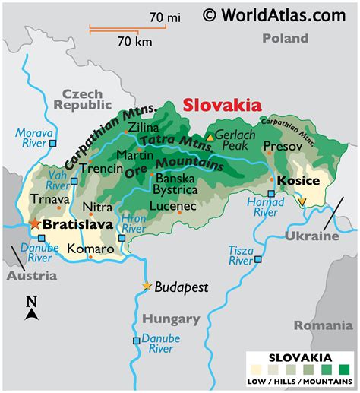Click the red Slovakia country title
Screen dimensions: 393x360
pyautogui.click(x=222, y=106)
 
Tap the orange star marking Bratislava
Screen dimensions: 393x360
pyautogui.click(x=33, y=224)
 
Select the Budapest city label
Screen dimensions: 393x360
pyautogui.click(x=181, y=287)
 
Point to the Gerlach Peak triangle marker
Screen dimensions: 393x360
pyautogui.click(x=210, y=137)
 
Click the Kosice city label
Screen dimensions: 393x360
pyautogui.click(x=298, y=180)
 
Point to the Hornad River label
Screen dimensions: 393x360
pyautogui.click(x=265, y=207)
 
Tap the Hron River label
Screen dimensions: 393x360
pyautogui.click(x=134, y=222)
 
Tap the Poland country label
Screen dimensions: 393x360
pyautogui.click(x=285, y=38)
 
